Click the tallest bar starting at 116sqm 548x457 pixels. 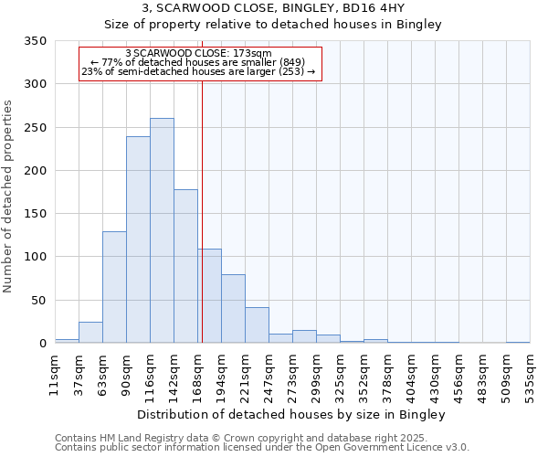tap(162, 230)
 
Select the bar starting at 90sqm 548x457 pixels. tap(138, 239)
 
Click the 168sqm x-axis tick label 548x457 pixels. tap(197, 373)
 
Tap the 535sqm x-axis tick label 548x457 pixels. tap(530, 373)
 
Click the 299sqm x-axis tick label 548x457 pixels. tap(316, 373)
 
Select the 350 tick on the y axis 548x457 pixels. tap(36, 41)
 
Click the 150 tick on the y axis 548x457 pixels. tap(36, 214)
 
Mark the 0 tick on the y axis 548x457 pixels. tap(43, 344)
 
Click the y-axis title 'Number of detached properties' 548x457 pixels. tap(8, 197)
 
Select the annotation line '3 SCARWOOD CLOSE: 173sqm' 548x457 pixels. tap(198, 54)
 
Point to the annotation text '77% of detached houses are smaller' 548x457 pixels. tap(196, 62)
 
